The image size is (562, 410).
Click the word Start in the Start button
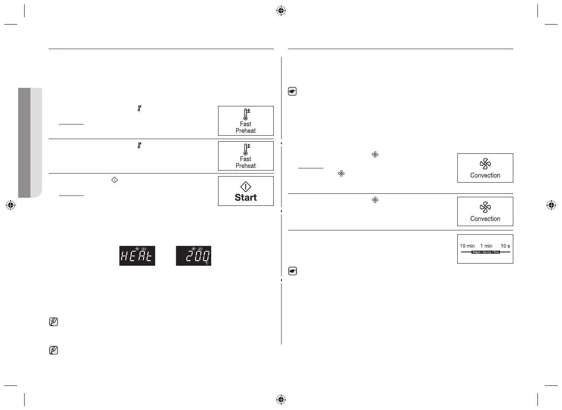[x=246, y=198]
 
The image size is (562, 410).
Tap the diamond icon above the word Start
[x=246, y=187]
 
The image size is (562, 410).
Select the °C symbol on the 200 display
[x=207, y=262]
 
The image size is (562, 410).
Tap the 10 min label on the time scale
[x=467, y=246]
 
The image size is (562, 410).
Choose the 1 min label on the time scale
[x=486, y=246]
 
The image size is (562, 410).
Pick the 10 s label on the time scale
[x=505, y=246]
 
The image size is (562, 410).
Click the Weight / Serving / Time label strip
[x=486, y=252]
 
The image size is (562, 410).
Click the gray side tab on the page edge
[x=30, y=142]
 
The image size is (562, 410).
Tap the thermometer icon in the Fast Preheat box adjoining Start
[x=246, y=149]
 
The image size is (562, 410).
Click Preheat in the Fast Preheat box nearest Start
[x=246, y=166]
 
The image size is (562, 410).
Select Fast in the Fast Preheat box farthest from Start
[x=246, y=124]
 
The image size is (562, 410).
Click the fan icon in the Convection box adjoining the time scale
[x=485, y=207]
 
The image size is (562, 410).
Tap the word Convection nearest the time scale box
[x=485, y=219]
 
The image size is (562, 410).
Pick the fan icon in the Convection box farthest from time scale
[x=485, y=164]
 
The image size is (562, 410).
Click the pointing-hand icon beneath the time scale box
[x=293, y=271]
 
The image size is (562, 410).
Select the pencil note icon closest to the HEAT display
[x=53, y=322]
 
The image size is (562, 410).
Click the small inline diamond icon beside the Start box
[x=115, y=179]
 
